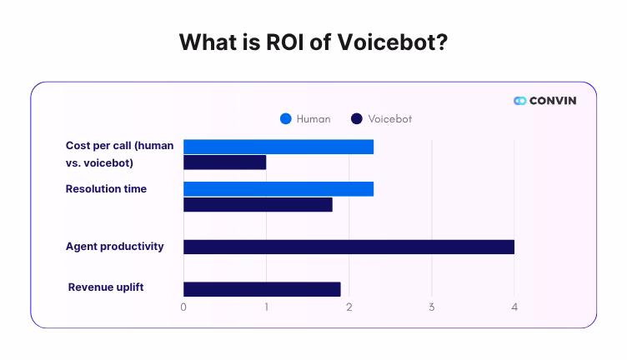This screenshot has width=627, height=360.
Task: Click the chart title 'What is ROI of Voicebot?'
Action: click(313, 42)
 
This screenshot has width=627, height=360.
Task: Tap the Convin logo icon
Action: click(520, 101)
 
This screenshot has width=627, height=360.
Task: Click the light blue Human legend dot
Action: click(286, 119)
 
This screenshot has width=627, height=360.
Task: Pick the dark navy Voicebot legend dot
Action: click(357, 119)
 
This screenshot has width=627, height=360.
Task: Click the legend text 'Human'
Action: click(313, 119)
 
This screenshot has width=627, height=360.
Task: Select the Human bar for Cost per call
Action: click(278, 147)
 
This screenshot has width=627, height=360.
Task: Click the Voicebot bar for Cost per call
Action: click(224, 162)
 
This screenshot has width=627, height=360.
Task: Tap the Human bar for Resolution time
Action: click(278, 188)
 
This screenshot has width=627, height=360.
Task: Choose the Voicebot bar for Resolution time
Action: click(258, 204)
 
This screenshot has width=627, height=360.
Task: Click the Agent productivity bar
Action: click(349, 247)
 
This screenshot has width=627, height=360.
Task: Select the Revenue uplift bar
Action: click(262, 289)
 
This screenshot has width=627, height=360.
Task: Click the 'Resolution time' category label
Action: click(106, 189)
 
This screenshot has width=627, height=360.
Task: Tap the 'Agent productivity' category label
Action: click(114, 247)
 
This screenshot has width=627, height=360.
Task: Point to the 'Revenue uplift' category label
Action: click(106, 287)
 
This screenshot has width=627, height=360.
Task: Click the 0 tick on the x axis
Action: click(183, 307)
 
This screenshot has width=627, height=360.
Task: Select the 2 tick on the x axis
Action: click(349, 307)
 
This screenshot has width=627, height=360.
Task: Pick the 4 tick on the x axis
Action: click(514, 307)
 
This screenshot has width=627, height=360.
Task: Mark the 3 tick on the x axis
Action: click(432, 307)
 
